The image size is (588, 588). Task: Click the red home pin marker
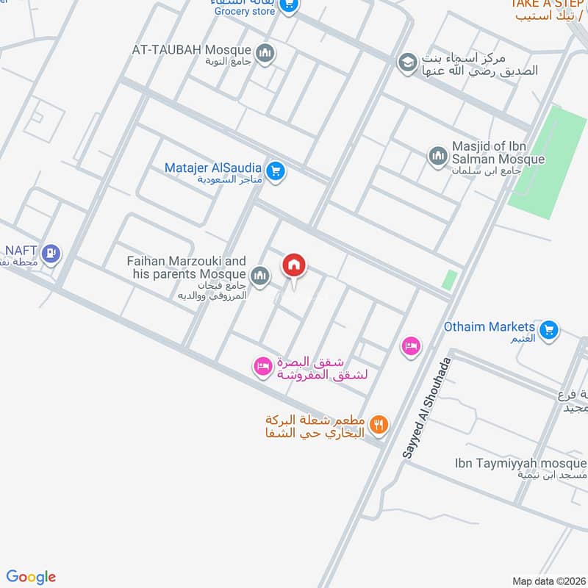[x=294, y=266]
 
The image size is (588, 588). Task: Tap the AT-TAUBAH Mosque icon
[x=265, y=52]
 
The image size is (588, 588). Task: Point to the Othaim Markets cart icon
[x=548, y=331]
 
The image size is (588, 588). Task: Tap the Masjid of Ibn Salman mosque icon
[x=438, y=156]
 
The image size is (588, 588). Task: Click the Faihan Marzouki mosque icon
[x=259, y=276]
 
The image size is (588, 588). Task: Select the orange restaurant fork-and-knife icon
[x=379, y=423]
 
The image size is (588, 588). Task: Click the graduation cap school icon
[x=406, y=63]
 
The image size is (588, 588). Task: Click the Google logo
[x=31, y=577]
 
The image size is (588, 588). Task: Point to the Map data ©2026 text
[x=548, y=581]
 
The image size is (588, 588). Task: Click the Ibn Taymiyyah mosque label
[x=520, y=464]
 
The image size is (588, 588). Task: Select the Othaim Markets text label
[x=489, y=326]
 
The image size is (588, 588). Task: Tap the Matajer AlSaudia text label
[x=213, y=168]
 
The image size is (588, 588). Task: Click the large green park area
[x=546, y=163]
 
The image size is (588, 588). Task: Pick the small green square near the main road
[x=449, y=280]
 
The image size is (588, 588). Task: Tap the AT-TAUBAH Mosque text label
[x=191, y=50]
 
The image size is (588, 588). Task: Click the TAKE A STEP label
[x=548, y=4]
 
